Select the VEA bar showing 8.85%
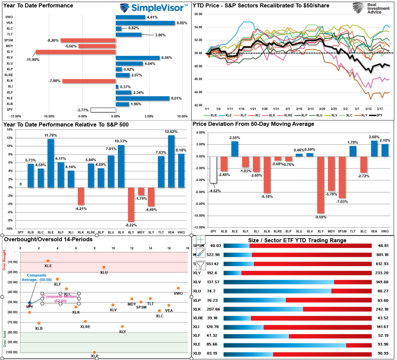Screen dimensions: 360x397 pos(145,23)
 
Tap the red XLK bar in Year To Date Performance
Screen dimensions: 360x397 pos(89,81)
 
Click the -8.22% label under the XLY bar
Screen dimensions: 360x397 pos(131,225)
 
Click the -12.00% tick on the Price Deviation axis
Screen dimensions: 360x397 pos(199,227)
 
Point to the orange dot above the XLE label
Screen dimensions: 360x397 pos(48,261)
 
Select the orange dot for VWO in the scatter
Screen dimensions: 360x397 pos(178,288)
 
